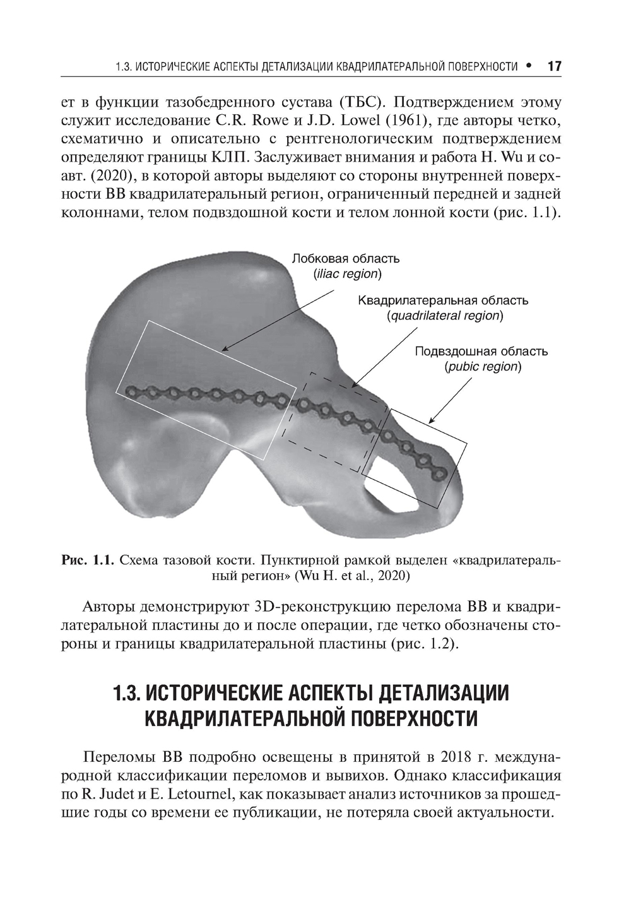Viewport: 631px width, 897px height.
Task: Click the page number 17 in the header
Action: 554,66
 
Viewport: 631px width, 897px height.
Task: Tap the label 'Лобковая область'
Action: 345,258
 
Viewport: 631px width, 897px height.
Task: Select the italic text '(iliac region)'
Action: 347,274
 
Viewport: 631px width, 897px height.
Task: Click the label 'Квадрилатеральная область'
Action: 443,300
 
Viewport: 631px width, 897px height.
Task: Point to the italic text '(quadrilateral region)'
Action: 445,316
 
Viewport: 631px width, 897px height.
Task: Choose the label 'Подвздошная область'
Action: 481,351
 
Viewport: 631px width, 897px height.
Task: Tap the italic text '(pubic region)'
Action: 483,367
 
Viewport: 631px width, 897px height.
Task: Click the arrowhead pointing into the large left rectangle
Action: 223,349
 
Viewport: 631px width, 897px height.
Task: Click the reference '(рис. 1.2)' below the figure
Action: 421,645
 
